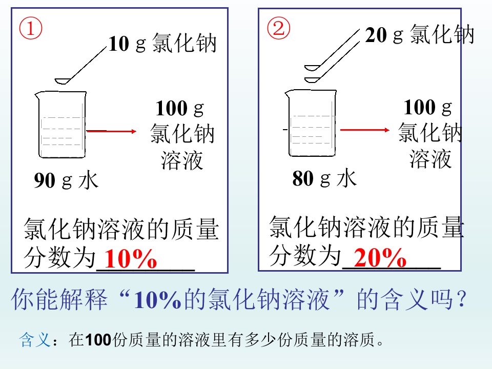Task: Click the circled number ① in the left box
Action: coord(31,29)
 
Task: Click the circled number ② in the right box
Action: coord(279,29)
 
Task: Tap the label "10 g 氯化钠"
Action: coord(162,44)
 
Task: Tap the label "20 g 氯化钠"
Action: coord(420,35)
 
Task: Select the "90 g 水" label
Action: coord(66,181)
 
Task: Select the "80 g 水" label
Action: coord(324,179)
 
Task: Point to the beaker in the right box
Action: coord(311,122)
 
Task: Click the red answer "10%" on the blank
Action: coord(130,260)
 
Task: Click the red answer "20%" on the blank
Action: coord(380,258)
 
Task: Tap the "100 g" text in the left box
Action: coord(179,109)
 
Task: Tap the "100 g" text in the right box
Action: coord(428,108)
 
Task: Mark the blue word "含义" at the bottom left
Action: coord(34,340)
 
